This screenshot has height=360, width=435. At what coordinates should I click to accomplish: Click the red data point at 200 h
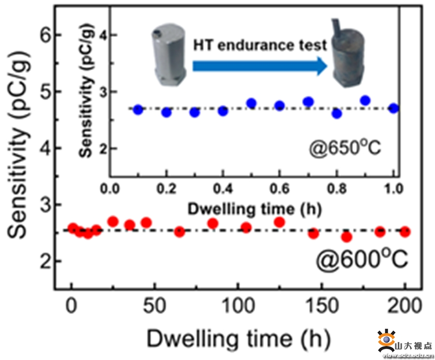click(405, 232)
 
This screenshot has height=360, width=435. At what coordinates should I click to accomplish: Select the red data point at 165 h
click(347, 237)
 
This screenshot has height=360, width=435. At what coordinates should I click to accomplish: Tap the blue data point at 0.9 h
click(365, 100)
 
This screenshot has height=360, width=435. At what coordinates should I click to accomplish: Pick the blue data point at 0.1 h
click(138, 110)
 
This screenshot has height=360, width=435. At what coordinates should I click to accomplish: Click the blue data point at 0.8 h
click(337, 113)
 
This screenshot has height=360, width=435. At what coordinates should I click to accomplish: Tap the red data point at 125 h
click(280, 222)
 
